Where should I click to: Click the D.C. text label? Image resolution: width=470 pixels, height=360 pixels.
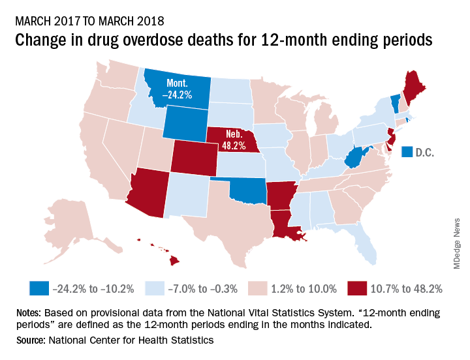point(424,152)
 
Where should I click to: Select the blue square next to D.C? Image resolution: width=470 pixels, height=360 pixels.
point(406,152)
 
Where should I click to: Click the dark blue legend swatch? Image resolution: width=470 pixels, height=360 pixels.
point(39,288)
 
